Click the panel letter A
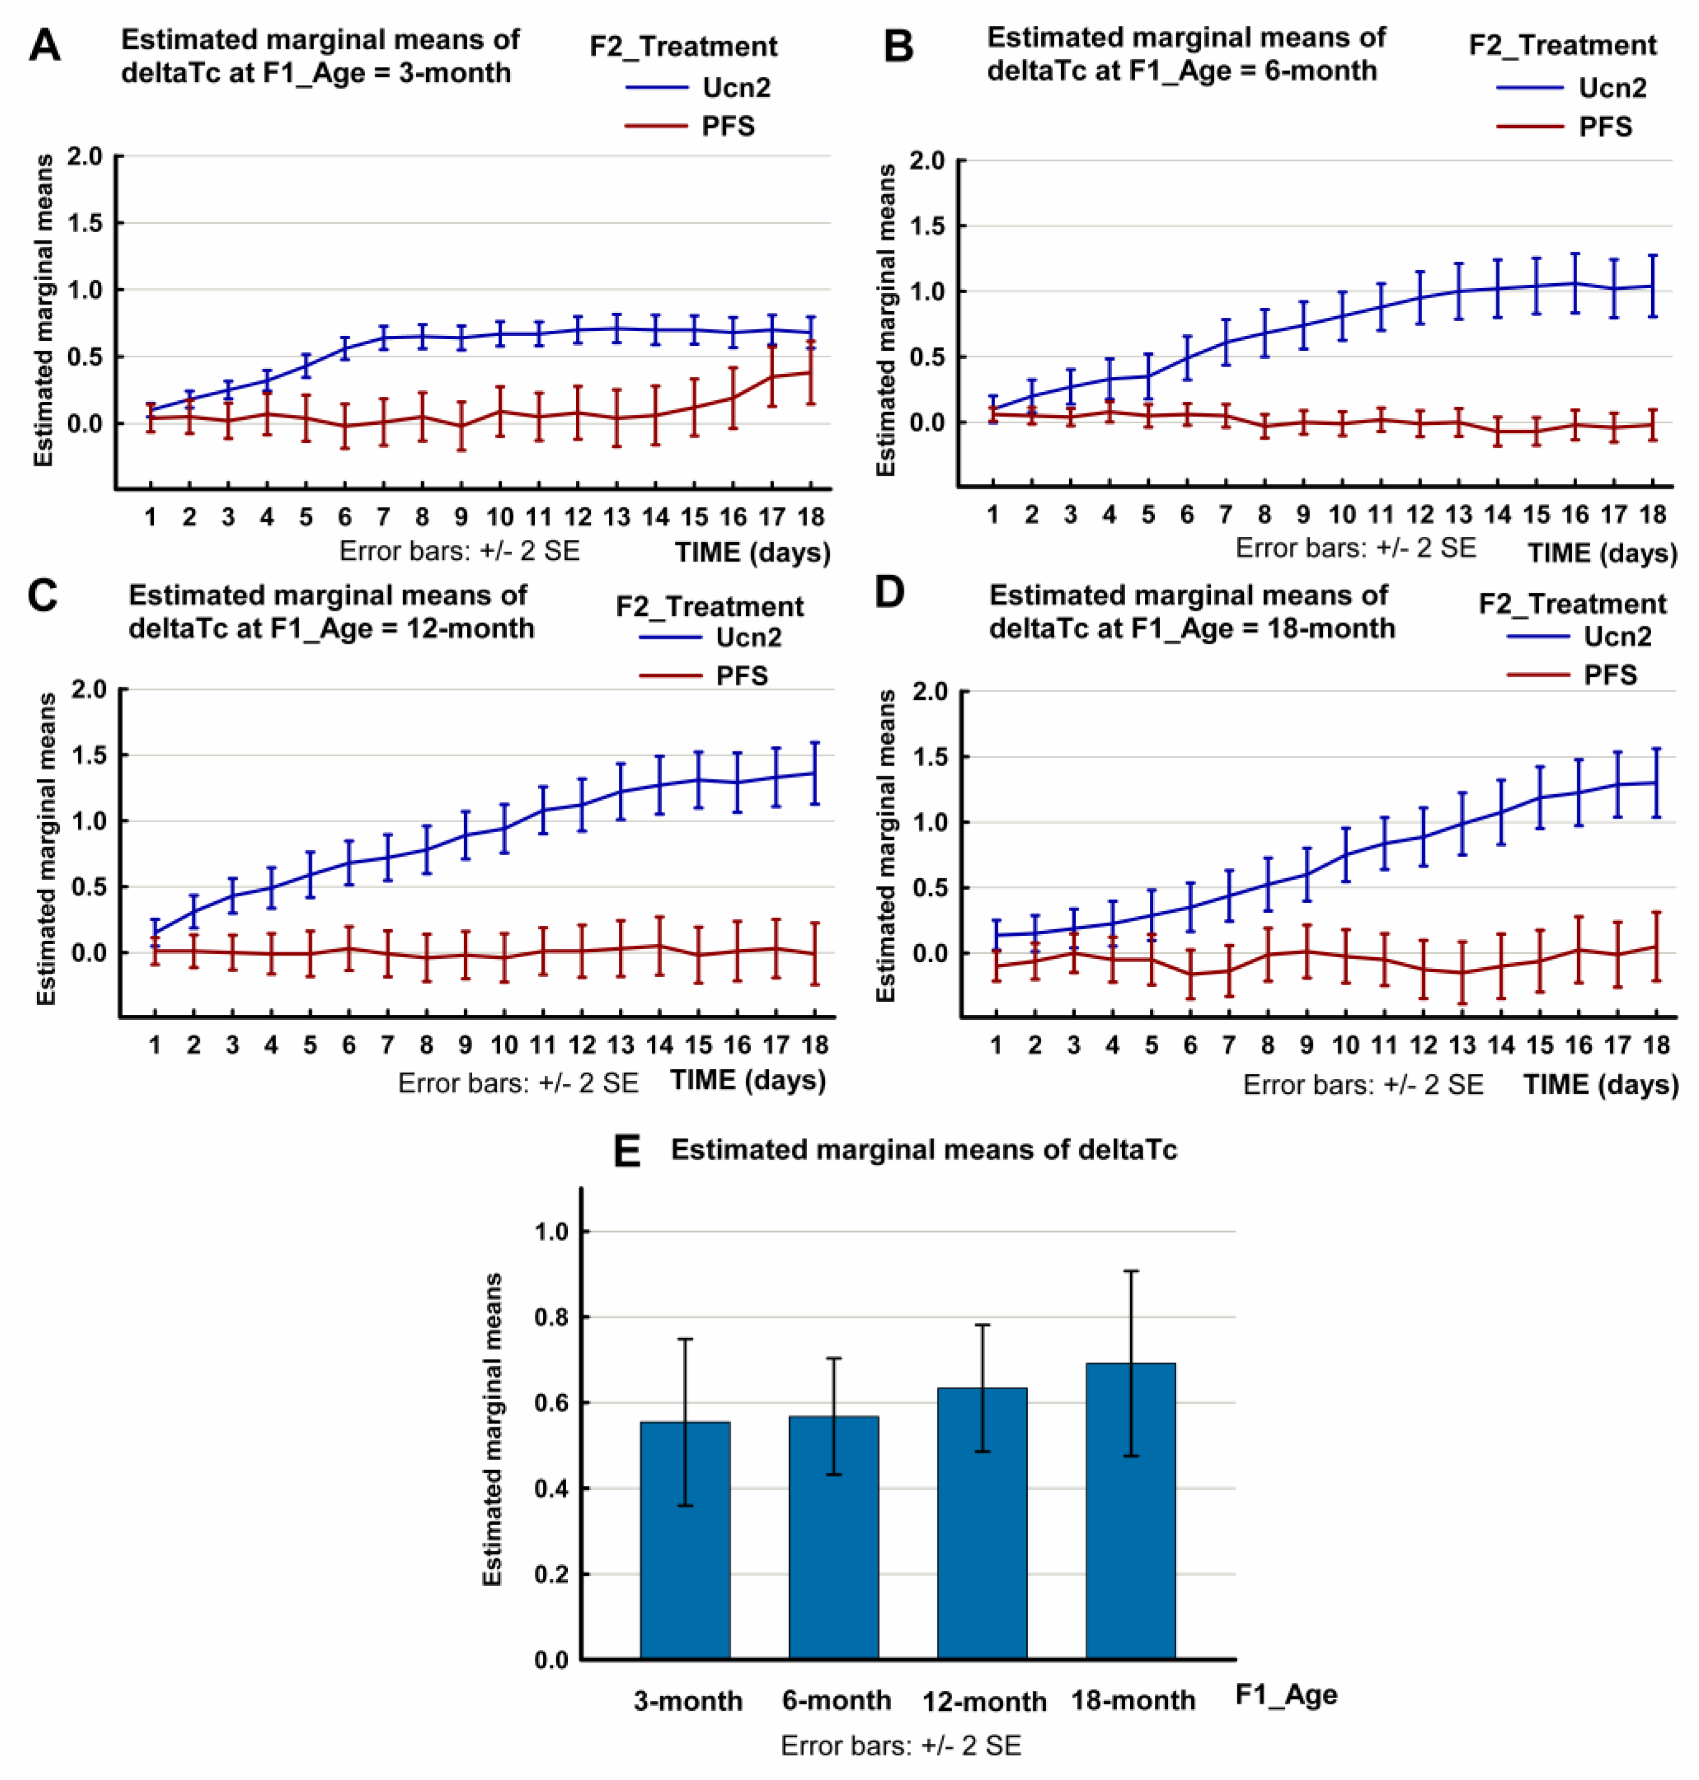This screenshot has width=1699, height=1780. coord(44,45)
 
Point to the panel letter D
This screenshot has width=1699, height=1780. coord(890,592)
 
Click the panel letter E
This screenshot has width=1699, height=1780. coord(627,1152)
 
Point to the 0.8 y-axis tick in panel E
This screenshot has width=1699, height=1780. coord(551,1317)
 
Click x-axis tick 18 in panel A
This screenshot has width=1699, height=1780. coord(811,517)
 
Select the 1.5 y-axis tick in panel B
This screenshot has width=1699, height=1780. coord(926,226)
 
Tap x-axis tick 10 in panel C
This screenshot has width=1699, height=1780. coord(504,1045)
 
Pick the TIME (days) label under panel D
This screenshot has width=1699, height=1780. coord(1600,1084)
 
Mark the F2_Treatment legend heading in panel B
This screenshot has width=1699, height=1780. coord(1562,45)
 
